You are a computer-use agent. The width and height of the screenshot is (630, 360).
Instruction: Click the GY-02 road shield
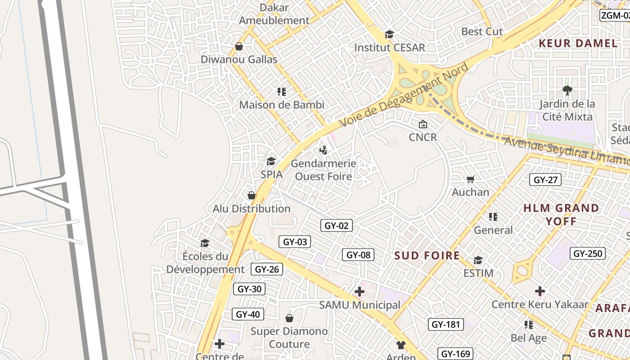coord(337,225)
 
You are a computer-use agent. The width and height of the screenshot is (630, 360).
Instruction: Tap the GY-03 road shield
coord(295,242)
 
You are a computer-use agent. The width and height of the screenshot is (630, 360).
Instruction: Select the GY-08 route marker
coord(358,255)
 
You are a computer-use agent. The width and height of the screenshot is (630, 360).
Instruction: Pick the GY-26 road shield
coord(267,269)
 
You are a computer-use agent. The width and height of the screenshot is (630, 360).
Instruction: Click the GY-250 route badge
coord(588,253)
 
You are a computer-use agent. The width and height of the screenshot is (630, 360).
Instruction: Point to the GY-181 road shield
coord(445,324)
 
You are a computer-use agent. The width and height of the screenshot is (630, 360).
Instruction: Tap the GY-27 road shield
coord(545,180)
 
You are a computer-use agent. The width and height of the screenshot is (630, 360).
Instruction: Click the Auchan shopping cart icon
coord(470,180)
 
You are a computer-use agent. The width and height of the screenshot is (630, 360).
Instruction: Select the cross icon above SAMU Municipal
coord(359,292)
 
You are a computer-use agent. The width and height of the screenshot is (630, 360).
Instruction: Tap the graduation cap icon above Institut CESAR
coord(389,34)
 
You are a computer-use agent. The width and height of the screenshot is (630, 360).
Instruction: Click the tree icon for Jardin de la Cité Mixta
coord(567,90)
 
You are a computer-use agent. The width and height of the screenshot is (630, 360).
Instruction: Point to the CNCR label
coord(423,137)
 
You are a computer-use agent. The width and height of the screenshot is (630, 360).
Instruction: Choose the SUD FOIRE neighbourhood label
coord(427,256)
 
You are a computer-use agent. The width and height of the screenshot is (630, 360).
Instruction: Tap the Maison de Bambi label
coord(282,105)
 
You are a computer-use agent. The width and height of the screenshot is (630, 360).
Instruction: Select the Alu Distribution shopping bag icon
coord(252,195)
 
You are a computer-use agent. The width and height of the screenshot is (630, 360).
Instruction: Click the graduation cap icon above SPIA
coord(271,161)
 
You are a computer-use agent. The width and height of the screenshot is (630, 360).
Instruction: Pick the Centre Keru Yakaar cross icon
coord(540,291)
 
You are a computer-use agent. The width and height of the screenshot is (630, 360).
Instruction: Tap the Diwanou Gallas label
coord(239,59)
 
